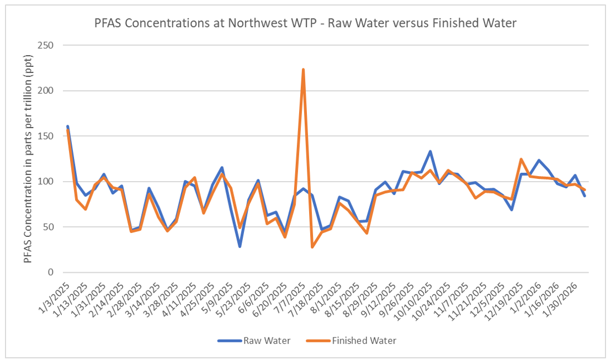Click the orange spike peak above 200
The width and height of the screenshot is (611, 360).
point(303,70)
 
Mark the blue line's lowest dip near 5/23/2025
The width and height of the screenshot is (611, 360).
point(240,246)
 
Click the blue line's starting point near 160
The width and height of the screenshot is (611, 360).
point(67,126)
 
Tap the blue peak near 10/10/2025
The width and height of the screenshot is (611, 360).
point(430,151)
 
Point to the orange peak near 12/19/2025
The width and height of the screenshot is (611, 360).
point(520,159)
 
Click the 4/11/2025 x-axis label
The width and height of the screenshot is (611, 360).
point(182,295)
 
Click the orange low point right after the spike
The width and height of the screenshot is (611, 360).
point(312,247)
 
